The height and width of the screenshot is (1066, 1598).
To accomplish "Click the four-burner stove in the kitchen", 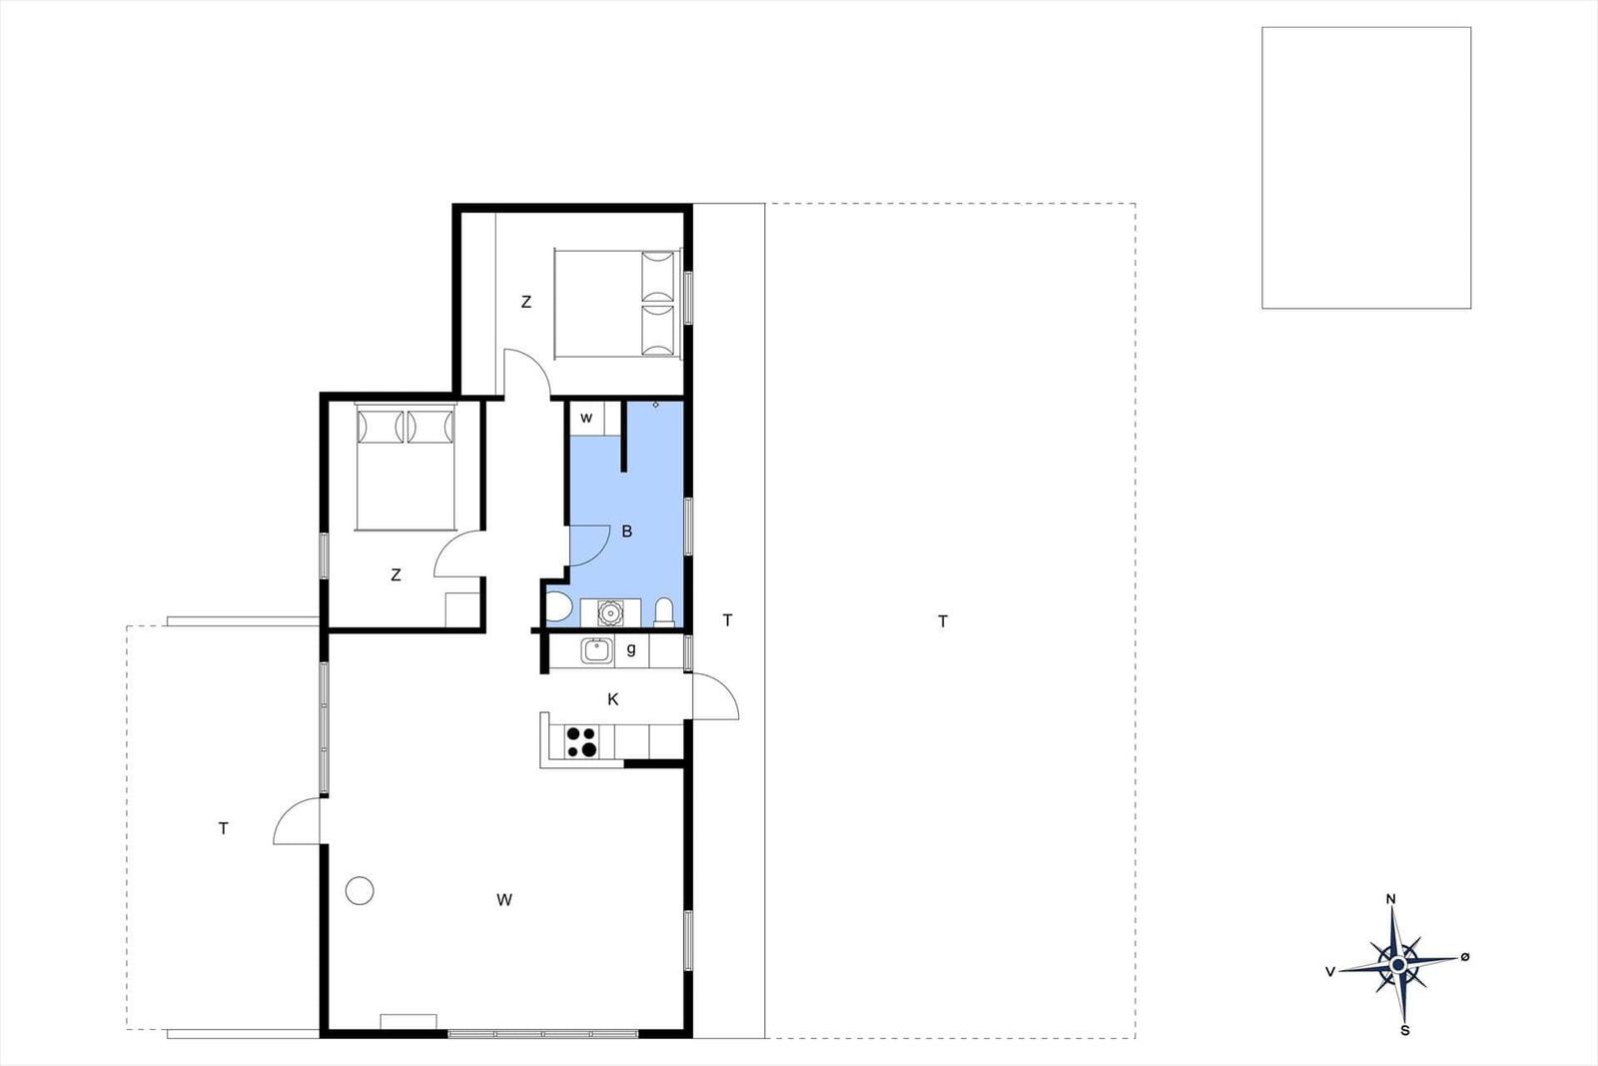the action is [x=581, y=741].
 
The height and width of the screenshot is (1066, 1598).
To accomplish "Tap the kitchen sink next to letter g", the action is [x=595, y=650].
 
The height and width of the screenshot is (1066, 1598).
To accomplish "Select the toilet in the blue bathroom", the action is [x=664, y=612].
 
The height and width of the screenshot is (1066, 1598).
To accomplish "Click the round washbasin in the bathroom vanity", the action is [x=610, y=612].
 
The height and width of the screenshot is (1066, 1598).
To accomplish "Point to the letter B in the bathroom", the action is [x=627, y=532].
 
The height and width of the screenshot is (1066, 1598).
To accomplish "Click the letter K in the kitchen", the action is [x=613, y=700].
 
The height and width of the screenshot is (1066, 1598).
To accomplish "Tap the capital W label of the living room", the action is [x=504, y=900].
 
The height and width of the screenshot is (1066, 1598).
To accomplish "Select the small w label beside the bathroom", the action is [x=586, y=419].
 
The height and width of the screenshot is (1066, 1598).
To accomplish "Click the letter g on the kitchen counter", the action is [x=630, y=649].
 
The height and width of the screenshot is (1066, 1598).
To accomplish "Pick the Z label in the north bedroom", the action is [x=525, y=302].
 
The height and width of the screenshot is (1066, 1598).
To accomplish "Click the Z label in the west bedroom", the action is [x=396, y=574].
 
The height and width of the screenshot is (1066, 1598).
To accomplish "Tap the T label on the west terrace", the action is [x=224, y=828].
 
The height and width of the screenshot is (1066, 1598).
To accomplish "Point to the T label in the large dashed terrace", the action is [x=943, y=621].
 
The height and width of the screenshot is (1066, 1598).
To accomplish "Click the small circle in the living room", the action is [x=360, y=890].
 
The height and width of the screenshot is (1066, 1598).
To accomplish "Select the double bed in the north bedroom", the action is [x=618, y=304].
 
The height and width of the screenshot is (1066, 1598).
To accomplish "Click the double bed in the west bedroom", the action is [x=405, y=469].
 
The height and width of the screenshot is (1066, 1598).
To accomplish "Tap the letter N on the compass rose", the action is [x=1391, y=899].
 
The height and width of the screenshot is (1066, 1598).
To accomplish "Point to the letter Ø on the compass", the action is [x=1464, y=957].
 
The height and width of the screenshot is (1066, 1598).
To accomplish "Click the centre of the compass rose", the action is [x=1398, y=965].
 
